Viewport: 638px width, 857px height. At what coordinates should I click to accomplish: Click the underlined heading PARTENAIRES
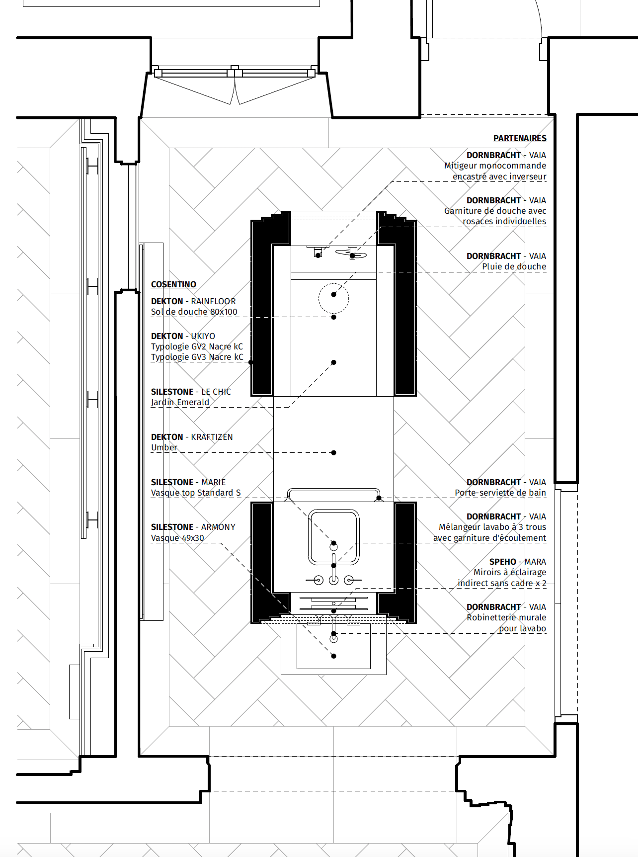coord(520,138)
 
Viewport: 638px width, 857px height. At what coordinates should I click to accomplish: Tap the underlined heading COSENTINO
coord(173,284)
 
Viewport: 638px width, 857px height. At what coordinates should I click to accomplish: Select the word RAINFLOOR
coord(214,301)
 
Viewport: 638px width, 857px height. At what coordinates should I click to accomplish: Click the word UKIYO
coord(203,336)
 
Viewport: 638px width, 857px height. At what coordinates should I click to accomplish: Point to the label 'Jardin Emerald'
coord(180,402)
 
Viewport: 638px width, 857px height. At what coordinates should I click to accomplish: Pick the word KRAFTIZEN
coord(212,437)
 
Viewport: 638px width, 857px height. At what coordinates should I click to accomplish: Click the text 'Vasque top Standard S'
coord(196,493)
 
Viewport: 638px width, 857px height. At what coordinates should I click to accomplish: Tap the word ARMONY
coord(218,527)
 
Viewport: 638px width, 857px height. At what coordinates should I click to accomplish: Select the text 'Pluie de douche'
coord(514,266)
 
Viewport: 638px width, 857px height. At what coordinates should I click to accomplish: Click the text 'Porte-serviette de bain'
coord(500,493)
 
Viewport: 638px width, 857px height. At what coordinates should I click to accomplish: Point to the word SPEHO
coord(503,562)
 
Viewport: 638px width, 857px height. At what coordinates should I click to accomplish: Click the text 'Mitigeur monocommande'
coord(495,166)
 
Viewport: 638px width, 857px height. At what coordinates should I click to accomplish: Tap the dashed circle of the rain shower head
coord(333,284)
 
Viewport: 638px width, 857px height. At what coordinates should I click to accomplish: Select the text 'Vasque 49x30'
coord(177,538)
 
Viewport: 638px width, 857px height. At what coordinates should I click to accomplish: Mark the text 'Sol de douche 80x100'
coord(194,312)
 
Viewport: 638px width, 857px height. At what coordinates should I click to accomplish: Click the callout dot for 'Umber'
coord(333,452)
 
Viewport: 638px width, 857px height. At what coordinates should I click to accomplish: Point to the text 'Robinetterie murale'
coord(506,617)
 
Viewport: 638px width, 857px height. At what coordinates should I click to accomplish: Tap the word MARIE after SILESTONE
coord(214,482)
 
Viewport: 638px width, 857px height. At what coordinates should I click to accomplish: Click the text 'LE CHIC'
coord(216,392)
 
